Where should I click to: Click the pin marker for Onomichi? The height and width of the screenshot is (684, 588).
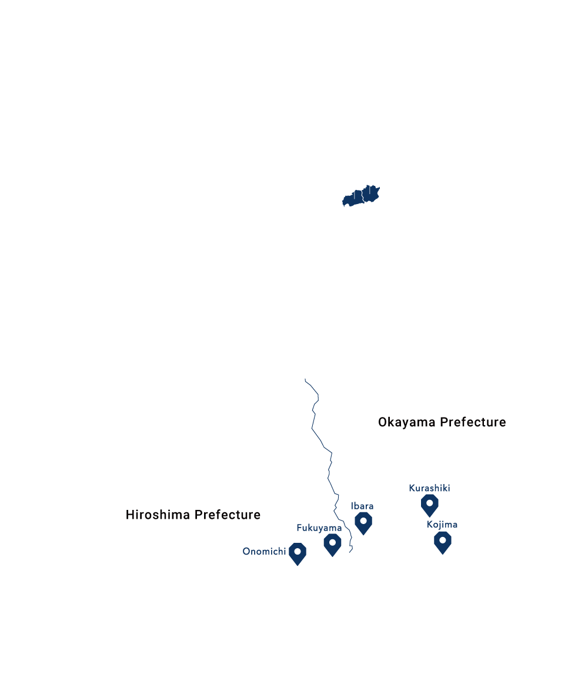click(299, 553)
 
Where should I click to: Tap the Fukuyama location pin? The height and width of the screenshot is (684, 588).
click(333, 543)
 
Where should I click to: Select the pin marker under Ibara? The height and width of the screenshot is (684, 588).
click(364, 521)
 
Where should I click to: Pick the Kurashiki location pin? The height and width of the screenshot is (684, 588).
click(430, 505)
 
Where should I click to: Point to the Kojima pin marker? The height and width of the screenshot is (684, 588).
click(442, 540)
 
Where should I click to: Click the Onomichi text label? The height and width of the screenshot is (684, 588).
click(264, 552)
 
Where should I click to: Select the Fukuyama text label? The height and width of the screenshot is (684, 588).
click(319, 528)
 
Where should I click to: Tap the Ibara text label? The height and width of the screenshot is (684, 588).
click(362, 506)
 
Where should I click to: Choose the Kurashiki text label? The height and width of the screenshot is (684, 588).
click(430, 488)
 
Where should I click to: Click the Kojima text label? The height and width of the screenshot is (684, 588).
click(442, 525)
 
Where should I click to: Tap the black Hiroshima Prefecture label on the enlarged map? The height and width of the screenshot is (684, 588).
click(193, 515)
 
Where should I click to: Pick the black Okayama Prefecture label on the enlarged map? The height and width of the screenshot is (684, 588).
click(442, 422)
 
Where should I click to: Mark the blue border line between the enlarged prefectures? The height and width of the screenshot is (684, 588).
click(322, 447)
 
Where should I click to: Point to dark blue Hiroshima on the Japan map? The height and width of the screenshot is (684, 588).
click(353, 198)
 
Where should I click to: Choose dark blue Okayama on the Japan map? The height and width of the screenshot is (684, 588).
click(370, 193)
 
